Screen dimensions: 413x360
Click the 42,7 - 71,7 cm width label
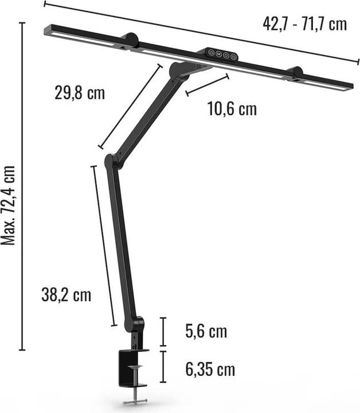click(304, 24)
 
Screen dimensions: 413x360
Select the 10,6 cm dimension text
click(232, 109)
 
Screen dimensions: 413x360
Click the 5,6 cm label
click(206, 331)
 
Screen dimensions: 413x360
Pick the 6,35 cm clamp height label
click(210, 369)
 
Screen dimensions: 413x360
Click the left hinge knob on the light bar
click(130, 40)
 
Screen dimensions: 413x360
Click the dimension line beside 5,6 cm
click(163, 331)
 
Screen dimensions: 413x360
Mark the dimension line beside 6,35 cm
click(163, 367)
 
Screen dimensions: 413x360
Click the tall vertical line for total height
click(22, 186)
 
